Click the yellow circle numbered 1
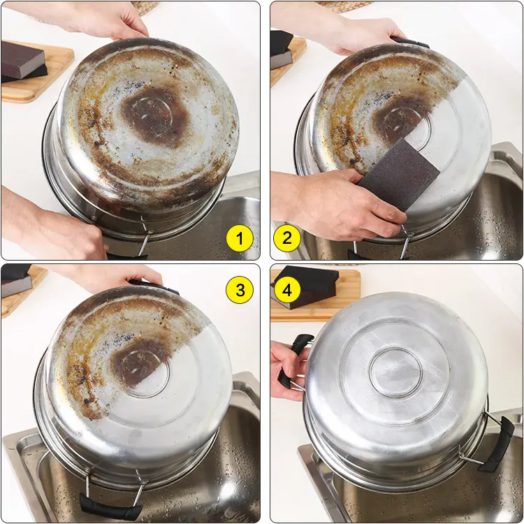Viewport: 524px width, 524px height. click(240, 239)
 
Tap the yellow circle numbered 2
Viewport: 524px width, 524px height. click(287, 238)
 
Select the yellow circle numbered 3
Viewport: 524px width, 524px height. click(240, 290)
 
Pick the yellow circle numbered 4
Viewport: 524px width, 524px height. click(287, 291)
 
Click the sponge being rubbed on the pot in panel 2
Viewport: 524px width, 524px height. click(398, 175)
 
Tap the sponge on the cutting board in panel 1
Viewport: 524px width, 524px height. click(23, 61)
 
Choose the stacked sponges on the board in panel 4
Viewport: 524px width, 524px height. click(305, 286)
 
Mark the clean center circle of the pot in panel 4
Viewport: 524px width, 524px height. click(396, 372)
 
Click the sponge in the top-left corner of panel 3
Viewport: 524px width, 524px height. click(17, 280)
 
